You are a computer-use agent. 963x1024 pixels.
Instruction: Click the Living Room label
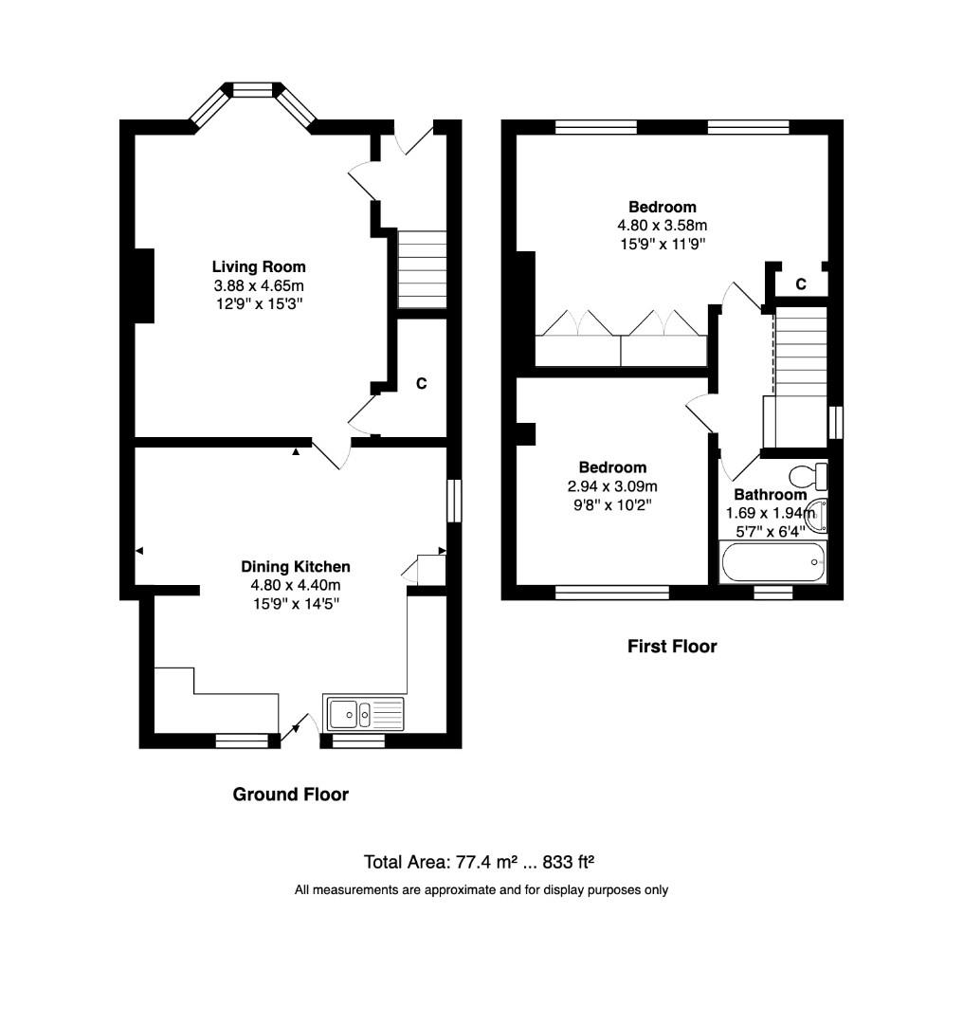click(259, 266)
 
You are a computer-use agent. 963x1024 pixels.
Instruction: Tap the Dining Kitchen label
click(296, 566)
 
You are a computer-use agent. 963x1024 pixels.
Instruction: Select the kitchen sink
click(365, 712)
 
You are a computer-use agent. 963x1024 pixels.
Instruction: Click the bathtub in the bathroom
click(773, 562)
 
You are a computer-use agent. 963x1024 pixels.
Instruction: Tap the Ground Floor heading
click(291, 795)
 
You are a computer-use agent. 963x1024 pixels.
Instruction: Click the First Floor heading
click(672, 647)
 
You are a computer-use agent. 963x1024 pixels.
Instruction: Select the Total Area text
click(479, 862)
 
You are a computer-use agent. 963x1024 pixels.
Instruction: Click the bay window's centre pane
click(253, 90)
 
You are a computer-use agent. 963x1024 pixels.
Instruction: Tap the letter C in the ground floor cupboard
click(422, 384)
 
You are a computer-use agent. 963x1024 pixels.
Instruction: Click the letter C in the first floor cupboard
click(801, 283)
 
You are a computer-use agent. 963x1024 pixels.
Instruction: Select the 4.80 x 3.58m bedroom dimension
click(663, 226)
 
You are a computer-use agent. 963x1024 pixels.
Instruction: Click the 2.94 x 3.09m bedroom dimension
click(613, 486)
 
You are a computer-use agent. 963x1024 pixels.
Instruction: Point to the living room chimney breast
click(144, 285)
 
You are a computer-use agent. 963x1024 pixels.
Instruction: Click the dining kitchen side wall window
click(454, 500)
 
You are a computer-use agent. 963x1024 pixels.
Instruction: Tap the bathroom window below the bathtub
click(773, 593)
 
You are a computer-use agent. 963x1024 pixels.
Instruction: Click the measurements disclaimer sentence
click(481, 890)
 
